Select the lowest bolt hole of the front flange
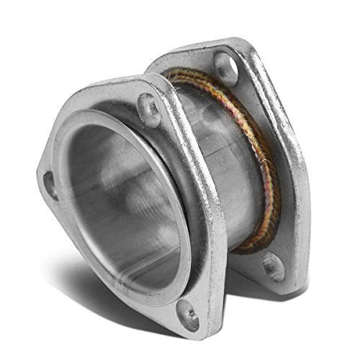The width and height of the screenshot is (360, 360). coord(188,315)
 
